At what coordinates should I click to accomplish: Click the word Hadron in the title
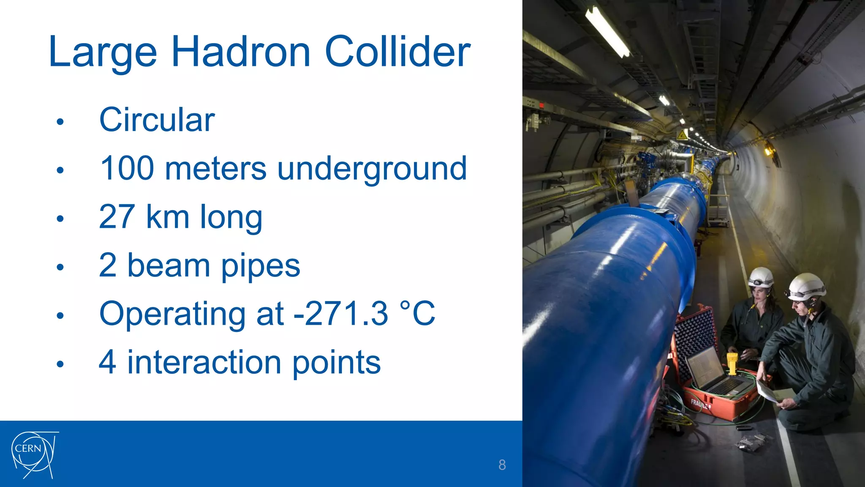(241, 52)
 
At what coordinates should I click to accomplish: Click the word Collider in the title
(397, 52)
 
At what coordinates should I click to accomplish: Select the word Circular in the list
(157, 120)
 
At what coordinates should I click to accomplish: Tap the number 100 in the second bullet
(127, 168)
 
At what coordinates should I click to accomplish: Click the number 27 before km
(117, 216)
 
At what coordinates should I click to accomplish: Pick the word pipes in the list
(261, 266)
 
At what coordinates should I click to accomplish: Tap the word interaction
(204, 362)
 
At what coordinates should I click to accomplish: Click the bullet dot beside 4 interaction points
(60, 364)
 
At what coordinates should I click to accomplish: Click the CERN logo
(34, 454)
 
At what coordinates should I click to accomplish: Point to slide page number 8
(502, 465)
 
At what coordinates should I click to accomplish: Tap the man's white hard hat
(807, 286)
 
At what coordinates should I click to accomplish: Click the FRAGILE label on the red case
(700, 404)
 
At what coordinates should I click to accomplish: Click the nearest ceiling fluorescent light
(607, 32)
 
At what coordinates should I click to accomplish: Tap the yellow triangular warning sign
(682, 136)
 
